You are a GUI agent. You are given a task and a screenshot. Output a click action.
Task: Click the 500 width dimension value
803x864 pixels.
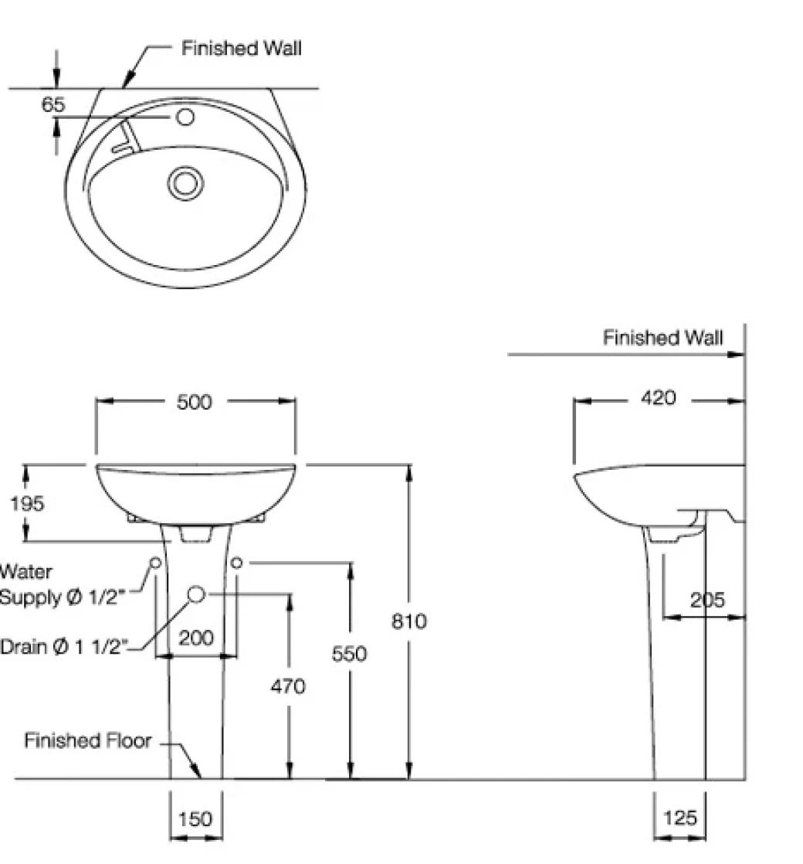pos(194,402)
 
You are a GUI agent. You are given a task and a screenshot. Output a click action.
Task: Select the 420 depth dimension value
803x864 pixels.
pos(659,399)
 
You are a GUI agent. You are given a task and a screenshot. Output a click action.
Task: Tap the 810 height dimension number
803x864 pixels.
pos(409,621)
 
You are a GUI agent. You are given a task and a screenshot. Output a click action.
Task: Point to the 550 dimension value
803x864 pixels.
pos(349,654)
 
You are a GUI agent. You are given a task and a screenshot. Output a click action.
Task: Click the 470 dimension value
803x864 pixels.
pos(288,685)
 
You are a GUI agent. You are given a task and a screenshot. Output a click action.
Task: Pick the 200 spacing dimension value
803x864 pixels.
pos(196,638)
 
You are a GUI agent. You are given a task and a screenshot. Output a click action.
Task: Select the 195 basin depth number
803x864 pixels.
pos(27,504)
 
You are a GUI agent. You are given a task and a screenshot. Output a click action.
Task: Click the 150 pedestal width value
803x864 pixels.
pos(195,818)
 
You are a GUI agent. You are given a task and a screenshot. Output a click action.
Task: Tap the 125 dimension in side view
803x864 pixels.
pos(679,818)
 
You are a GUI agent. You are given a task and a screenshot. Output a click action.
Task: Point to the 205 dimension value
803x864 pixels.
pos(707,600)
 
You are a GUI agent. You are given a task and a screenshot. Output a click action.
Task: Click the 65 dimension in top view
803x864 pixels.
pos(53,104)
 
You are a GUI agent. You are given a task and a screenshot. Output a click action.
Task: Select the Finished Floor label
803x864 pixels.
pos(87,741)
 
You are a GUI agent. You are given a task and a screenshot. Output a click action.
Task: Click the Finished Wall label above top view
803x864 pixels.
pos(242,48)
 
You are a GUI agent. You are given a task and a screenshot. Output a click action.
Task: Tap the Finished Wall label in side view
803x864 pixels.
pos(662,338)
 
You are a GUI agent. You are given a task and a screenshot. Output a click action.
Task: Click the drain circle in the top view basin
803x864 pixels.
pos(185,182)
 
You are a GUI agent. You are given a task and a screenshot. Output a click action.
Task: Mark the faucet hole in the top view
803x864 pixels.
pos(185,117)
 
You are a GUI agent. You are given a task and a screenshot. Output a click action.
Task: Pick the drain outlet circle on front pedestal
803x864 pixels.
pos(197,594)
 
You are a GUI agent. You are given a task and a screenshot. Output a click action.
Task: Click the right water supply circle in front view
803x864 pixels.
pos(237,563)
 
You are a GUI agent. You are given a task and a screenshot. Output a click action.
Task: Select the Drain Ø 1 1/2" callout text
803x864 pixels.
pos(63,647)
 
